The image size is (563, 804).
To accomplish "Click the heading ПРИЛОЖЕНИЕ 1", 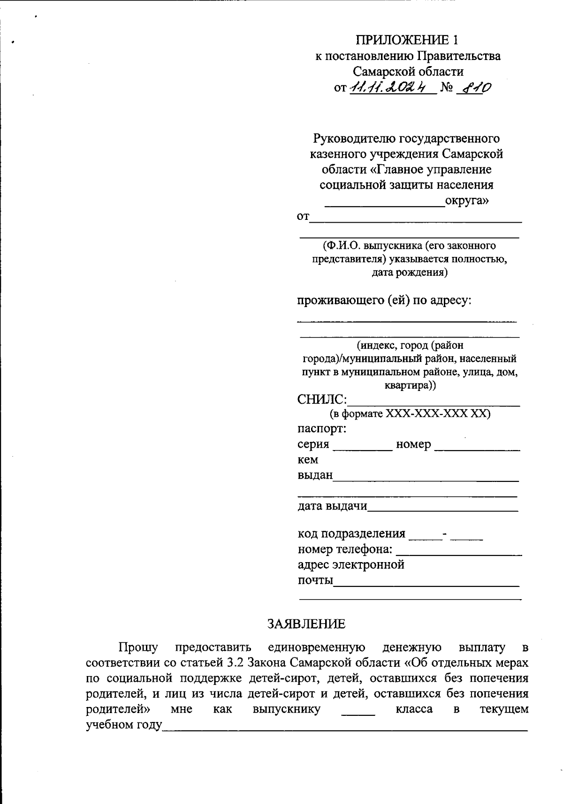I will tap(406, 39).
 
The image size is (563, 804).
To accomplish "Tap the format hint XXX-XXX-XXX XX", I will tap(437, 414).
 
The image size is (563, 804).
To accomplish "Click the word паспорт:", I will tap(322, 428).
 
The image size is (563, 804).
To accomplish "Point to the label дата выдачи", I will tap(332, 506).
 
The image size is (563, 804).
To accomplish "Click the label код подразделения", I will tap(351, 533).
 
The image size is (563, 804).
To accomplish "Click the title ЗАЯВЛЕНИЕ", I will tap(306, 624).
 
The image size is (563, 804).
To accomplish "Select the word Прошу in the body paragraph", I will tap(138, 647).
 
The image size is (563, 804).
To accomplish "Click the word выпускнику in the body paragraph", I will tap(287, 709).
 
